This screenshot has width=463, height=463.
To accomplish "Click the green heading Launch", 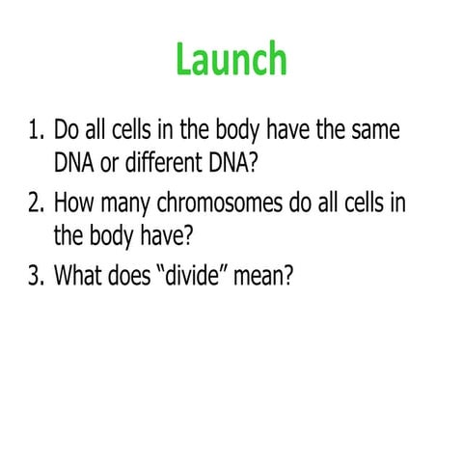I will click(231, 60).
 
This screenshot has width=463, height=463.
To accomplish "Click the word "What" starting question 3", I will click(81, 276).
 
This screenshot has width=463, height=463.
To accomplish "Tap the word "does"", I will click(135, 276).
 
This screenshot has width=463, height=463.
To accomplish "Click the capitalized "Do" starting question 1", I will click(68, 129).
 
